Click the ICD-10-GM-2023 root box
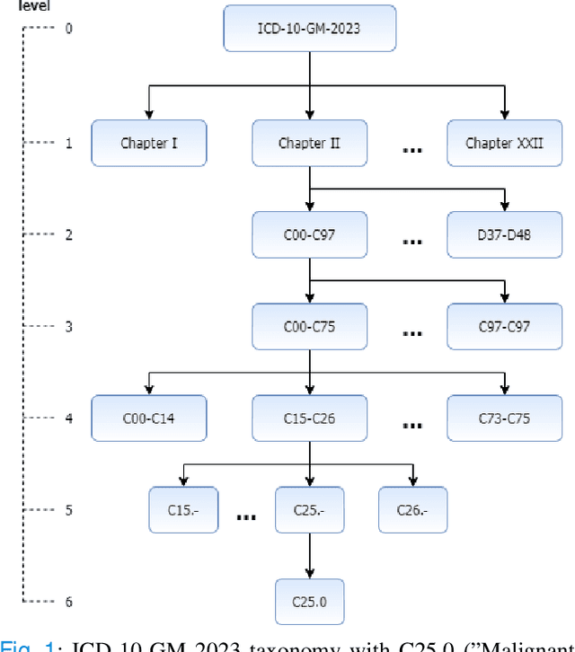[309, 28]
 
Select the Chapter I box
[149, 143]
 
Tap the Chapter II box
[309, 143]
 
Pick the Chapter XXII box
[504, 143]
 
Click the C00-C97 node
[309, 235]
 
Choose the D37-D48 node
[504, 235]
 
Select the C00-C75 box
[309, 327]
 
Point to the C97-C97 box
[504, 327]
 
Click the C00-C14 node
[149, 419]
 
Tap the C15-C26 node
[309, 419]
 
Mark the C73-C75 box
[504, 419]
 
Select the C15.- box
[183, 510]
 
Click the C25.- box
[309, 510]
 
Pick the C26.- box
[412, 510]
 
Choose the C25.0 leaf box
[309, 601]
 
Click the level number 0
[68, 28]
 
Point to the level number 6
[68, 601]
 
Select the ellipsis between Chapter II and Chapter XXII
[411, 149]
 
